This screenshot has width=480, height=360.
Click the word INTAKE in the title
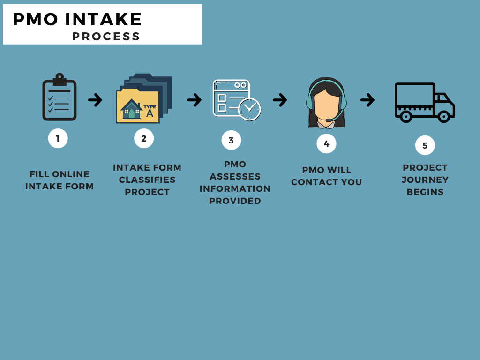tap(104, 19)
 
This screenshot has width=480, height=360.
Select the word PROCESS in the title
tap(106, 37)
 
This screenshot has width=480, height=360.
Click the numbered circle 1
tap(58, 139)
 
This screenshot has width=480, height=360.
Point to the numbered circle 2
tap(144, 138)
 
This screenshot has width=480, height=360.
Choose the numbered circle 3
tap(231, 140)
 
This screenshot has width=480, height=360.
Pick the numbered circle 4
tap(326, 143)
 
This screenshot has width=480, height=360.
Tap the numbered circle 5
tap(425, 145)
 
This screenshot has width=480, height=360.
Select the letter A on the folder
tap(150, 112)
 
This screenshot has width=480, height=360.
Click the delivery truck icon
tap(424, 102)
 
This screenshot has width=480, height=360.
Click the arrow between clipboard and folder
tap(95, 99)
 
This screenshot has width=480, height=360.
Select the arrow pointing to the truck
tap(367, 99)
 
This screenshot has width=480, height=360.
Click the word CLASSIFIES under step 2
tap(147, 180)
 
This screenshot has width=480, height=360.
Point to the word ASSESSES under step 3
tap(235, 177)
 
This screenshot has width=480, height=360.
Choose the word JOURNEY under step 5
tap(425, 180)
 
